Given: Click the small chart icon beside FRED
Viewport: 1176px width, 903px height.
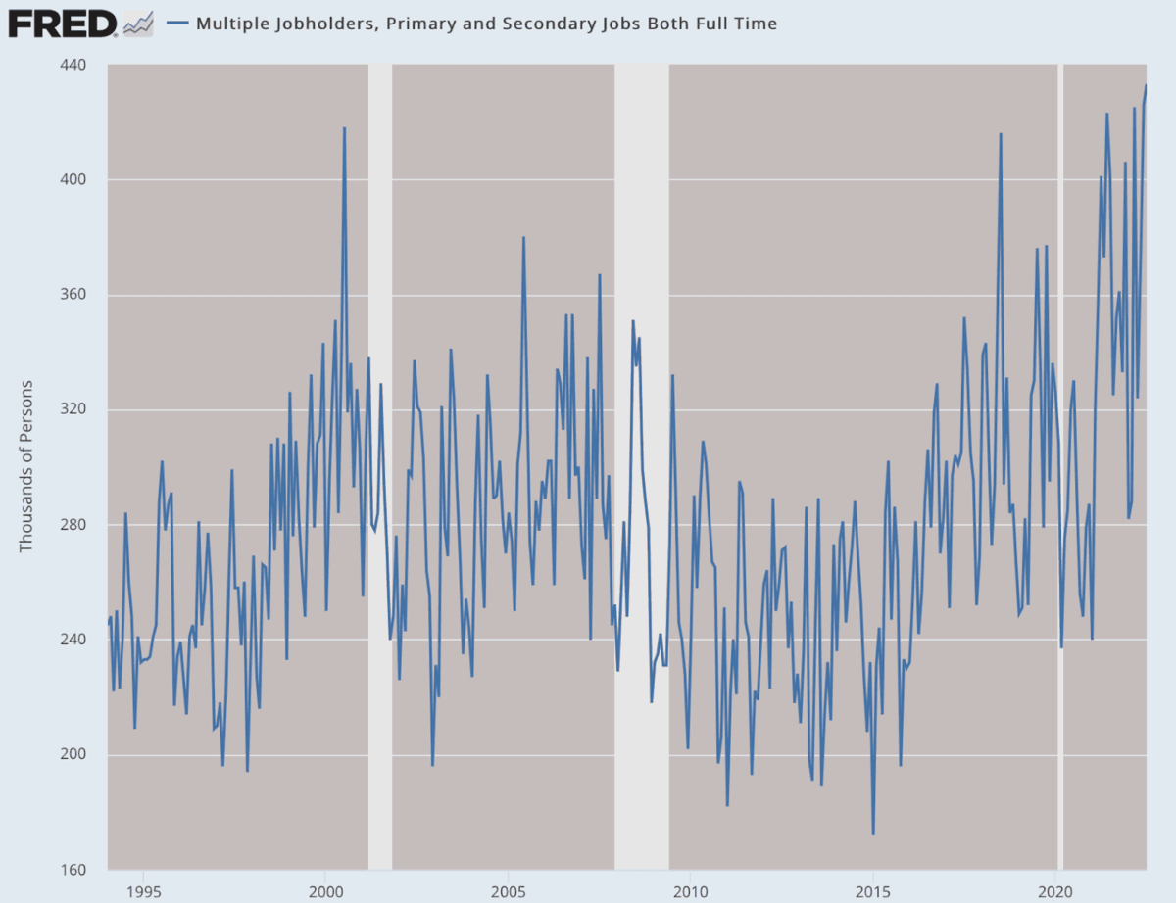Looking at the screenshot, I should tap(138, 23).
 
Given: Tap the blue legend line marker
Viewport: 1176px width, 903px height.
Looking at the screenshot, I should tap(177, 23).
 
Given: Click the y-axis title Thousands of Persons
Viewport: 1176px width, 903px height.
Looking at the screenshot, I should tap(26, 465).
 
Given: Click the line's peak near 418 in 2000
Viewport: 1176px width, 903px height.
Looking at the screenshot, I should tap(344, 128).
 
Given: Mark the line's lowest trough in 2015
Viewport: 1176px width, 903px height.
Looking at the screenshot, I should tap(872, 834).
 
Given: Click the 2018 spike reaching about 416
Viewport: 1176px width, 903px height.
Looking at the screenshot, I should tap(1001, 134).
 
